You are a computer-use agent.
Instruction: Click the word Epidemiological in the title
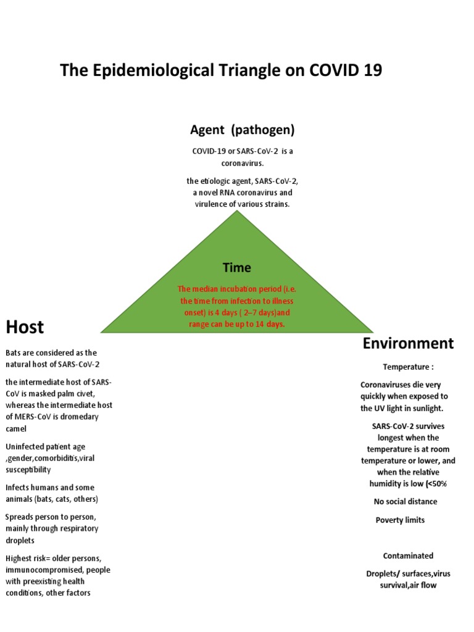tap(162, 70)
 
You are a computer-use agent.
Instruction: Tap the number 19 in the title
tap(372, 70)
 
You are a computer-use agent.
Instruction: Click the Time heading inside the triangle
tap(237, 267)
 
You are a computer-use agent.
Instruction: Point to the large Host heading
tap(25, 326)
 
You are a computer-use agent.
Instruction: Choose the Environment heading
tap(408, 343)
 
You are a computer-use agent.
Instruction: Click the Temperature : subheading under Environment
tap(408, 367)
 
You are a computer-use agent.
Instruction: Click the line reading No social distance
tap(405, 501)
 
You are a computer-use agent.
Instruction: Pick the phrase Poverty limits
tap(400, 520)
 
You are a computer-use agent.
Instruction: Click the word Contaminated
tap(408, 555)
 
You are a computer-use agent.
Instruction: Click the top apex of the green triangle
tap(237, 212)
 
